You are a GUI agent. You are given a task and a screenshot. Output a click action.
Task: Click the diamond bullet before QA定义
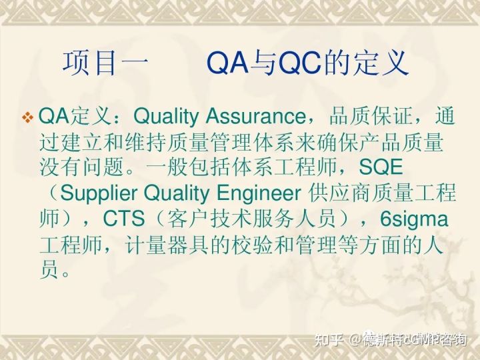[28, 118]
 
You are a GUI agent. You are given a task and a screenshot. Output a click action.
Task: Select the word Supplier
[98, 193]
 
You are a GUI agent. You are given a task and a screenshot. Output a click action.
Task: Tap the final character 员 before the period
[49, 270]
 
